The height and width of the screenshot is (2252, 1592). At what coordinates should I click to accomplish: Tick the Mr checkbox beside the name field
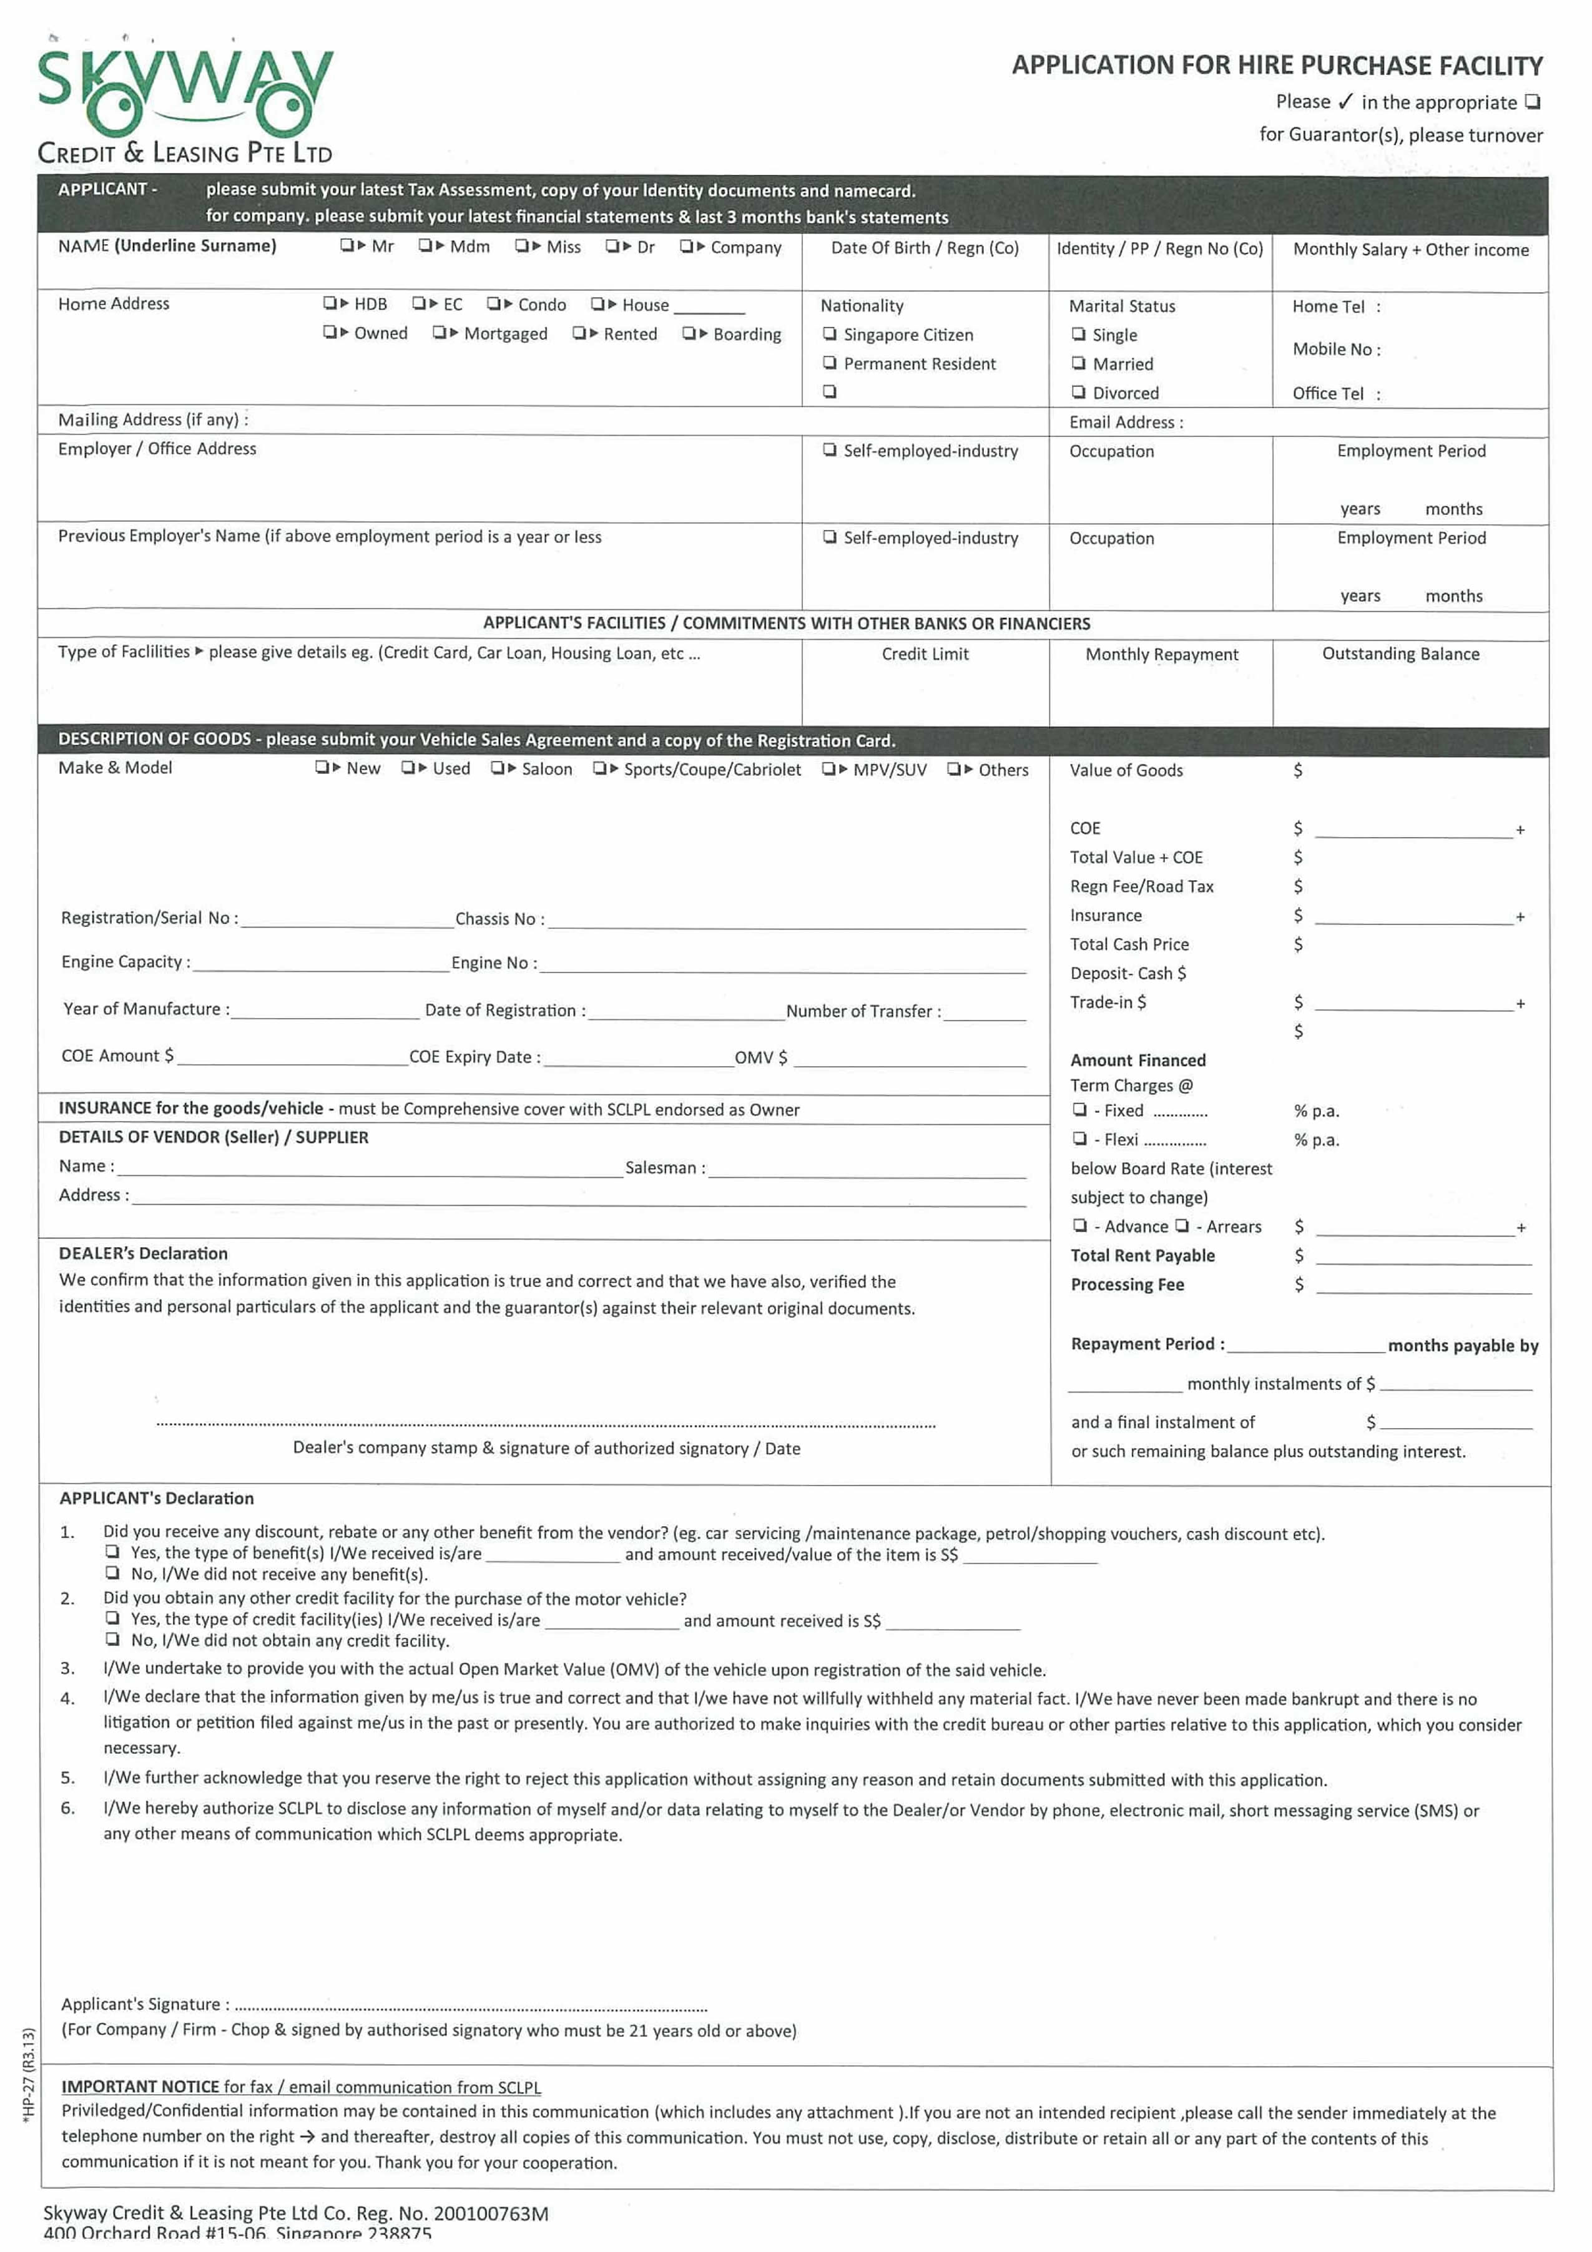(347, 245)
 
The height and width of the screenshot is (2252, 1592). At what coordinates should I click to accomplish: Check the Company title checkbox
(687, 246)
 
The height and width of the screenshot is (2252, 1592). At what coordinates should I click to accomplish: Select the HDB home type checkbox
(330, 303)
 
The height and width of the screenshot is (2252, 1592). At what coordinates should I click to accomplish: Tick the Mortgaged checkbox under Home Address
(440, 333)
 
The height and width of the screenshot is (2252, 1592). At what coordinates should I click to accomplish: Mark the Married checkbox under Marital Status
(1079, 363)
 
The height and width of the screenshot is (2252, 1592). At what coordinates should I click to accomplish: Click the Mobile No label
(1335, 349)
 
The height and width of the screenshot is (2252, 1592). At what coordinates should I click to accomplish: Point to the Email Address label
(1125, 423)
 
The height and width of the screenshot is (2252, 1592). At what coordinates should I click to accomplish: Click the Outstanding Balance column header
(1400, 654)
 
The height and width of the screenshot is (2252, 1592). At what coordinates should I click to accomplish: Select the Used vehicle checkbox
(408, 768)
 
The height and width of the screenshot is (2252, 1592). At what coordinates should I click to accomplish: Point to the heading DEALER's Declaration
(143, 1253)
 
